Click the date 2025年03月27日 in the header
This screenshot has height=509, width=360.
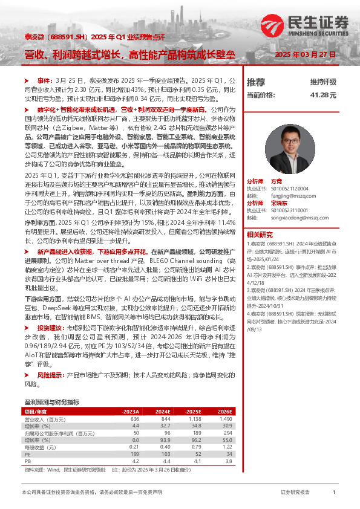(305, 54)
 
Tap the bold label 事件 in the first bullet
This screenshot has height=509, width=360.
(44, 80)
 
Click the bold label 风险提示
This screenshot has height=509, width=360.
(50, 375)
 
